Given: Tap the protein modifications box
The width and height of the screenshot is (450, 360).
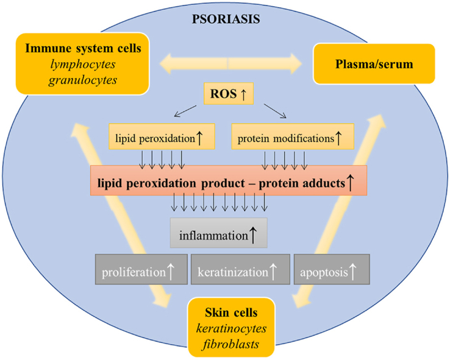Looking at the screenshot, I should click(x=293, y=138).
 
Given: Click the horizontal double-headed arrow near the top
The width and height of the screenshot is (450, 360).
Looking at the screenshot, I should click(x=227, y=63).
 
